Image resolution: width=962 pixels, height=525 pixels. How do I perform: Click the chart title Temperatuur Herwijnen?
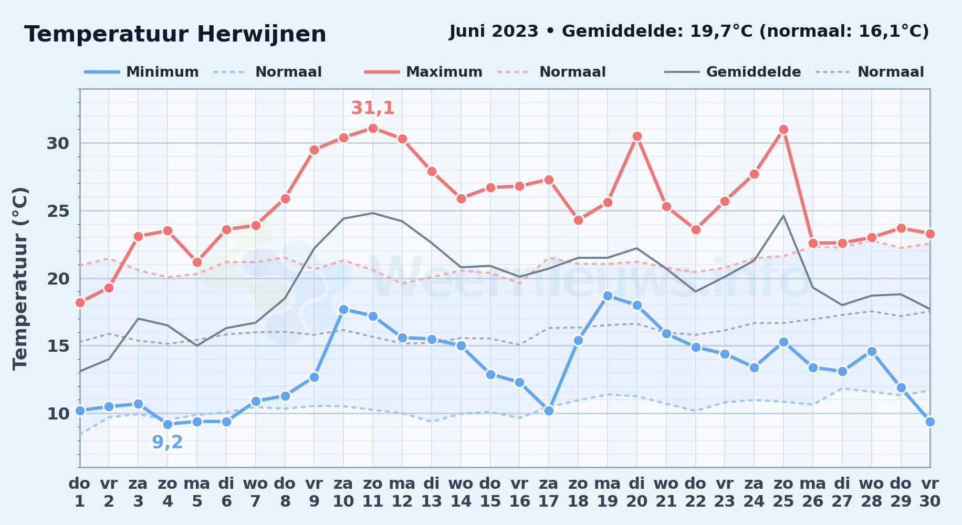tap(175, 34)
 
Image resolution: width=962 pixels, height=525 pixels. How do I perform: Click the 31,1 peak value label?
tap(373, 108)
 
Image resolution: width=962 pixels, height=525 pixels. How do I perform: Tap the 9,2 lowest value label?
tap(168, 442)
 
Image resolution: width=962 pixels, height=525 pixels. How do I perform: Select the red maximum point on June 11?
tap(373, 128)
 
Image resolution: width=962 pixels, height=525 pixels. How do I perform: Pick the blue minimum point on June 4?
tap(168, 424)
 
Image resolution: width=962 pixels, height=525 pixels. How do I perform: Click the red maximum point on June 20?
tap(637, 136)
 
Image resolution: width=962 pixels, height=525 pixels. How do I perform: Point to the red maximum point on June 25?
tap(783, 129)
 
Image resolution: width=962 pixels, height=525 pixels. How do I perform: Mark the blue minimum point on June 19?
tap(608, 296)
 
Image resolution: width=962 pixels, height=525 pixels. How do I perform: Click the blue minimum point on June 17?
tap(549, 411)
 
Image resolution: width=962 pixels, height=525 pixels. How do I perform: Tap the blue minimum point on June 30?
tap(930, 422)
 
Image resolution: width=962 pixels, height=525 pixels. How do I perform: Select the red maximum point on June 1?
tap(80, 302)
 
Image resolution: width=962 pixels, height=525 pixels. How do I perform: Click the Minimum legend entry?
tap(141, 72)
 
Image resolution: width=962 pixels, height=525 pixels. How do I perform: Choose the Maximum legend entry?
tap(423, 72)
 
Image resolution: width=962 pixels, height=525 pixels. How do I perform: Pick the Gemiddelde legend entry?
tap(733, 72)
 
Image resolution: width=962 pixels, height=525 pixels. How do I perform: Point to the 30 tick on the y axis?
tap(58, 143)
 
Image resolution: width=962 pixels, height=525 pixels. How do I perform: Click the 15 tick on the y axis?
tap(58, 346)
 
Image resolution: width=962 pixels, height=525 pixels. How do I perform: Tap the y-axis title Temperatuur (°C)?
tap(20, 278)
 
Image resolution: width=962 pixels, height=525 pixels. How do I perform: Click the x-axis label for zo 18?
tap(578, 492)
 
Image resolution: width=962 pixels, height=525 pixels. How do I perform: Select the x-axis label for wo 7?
tap(256, 492)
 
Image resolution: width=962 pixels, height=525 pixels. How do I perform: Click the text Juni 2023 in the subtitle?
tap(494, 31)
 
